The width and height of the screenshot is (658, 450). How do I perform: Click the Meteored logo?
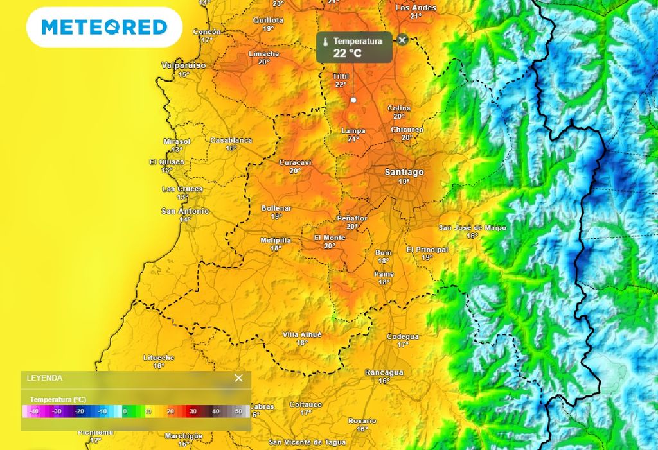coord(104,27)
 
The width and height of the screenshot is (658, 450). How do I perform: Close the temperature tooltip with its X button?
coord(402,40)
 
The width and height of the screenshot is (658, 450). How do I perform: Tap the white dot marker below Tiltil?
coord(353,100)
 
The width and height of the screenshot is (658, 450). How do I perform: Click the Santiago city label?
coord(404,172)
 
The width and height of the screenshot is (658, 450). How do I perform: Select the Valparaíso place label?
coord(184,65)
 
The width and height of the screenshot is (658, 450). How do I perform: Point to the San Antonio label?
coord(184,211)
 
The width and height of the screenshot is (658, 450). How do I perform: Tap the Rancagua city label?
coord(384,372)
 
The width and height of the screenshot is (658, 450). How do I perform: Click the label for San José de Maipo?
coord(472,228)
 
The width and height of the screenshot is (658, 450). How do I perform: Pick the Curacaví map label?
coord(295,162)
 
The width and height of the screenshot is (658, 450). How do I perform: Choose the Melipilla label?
coord(276,240)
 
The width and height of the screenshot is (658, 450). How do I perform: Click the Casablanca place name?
coord(231,140)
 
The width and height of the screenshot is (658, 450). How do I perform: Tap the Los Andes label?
coord(416,8)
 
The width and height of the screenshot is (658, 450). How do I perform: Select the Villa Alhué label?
coord(302,334)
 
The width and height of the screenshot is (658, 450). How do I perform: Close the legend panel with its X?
coord(238,378)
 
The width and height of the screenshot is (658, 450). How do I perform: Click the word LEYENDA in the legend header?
coord(44,378)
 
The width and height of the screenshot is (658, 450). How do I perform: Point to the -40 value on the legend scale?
coord(34,411)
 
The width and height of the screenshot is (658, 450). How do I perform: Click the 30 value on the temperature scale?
coord(193,411)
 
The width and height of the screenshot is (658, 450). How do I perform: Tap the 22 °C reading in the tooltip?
coord(347,53)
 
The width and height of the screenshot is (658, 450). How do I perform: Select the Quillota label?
coord(268,20)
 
